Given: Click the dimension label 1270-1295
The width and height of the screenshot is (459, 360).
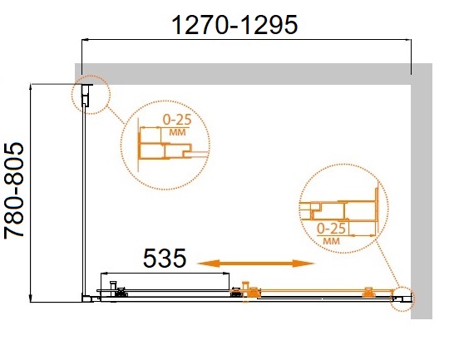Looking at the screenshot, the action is (x=234, y=25).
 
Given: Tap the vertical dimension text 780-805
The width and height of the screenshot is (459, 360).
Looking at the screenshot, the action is (x=14, y=191).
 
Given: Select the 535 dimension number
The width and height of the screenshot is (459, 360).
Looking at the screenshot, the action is (x=165, y=258).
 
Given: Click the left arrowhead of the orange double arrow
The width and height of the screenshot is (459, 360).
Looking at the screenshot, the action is (x=209, y=264).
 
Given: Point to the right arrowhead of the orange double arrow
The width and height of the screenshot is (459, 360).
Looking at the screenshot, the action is (x=303, y=264).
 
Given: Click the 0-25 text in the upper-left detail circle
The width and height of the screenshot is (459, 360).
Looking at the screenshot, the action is (x=177, y=120).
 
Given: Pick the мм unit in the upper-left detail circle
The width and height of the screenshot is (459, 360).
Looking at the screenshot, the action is (x=177, y=132).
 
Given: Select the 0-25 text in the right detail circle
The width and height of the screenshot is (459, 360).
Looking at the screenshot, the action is (x=331, y=229).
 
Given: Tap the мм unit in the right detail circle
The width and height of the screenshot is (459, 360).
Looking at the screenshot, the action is (x=332, y=241).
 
